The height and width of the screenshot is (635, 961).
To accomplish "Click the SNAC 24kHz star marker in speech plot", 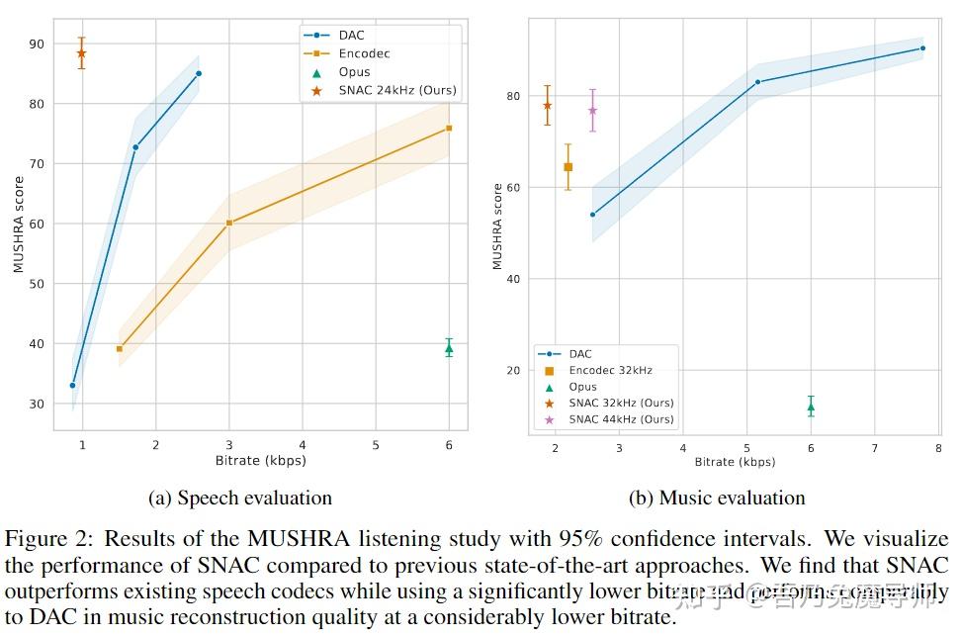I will pos(81,53).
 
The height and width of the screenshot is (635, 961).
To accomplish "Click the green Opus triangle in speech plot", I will pos(449,348).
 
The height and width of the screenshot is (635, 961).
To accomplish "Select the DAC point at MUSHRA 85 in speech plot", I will pos(199,73).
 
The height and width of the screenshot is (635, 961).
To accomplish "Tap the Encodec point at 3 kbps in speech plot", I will pos(229,223).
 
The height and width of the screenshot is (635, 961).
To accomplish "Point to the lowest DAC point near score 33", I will pos(72,385).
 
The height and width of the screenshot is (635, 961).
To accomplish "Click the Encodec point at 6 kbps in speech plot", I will pos(449,128).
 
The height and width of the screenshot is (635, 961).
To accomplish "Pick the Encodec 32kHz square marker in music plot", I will pos(568,167).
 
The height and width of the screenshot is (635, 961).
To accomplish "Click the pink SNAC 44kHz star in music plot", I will pos(592,110).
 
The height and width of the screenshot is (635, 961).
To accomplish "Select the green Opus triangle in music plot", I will pos(811,407).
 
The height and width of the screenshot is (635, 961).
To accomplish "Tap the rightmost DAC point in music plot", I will pos(922,47).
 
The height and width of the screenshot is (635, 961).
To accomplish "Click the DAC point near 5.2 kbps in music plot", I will pos(757,82).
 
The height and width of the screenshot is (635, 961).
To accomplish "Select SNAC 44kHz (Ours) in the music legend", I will pos(621,419).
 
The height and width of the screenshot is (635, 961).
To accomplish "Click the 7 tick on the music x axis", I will pos(874,448).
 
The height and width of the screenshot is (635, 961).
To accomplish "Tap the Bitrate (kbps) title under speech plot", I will pos(260,460).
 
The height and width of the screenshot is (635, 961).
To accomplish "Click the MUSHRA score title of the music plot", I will pos(497,226).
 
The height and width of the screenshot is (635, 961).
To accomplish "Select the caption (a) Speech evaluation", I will pos(240,499).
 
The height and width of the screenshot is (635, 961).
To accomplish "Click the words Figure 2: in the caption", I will pos(50,539).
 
